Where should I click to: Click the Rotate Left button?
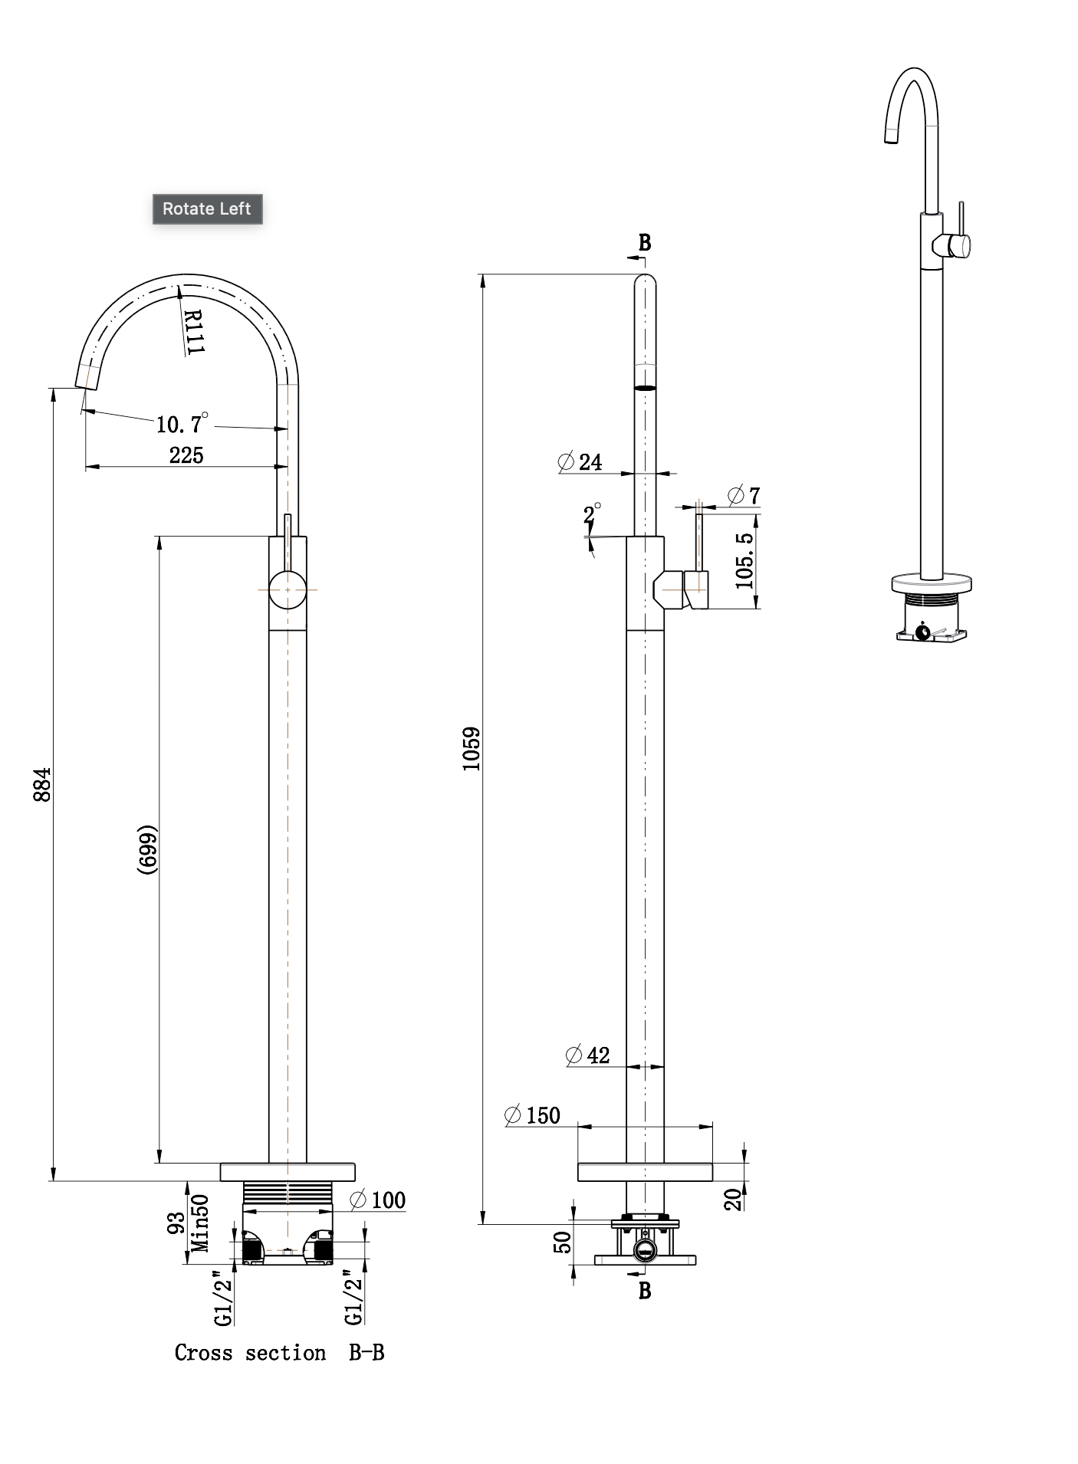[x=207, y=208]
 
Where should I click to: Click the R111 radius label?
[x=194, y=331]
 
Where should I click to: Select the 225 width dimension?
[x=186, y=455]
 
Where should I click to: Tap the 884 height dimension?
[x=42, y=784]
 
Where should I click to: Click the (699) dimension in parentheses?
[x=147, y=849]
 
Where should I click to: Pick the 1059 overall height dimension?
[x=471, y=748]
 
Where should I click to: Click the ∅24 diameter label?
[x=580, y=461]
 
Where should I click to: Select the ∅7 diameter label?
[x=744, y=495]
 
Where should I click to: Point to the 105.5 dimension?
[x=744, y=560]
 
